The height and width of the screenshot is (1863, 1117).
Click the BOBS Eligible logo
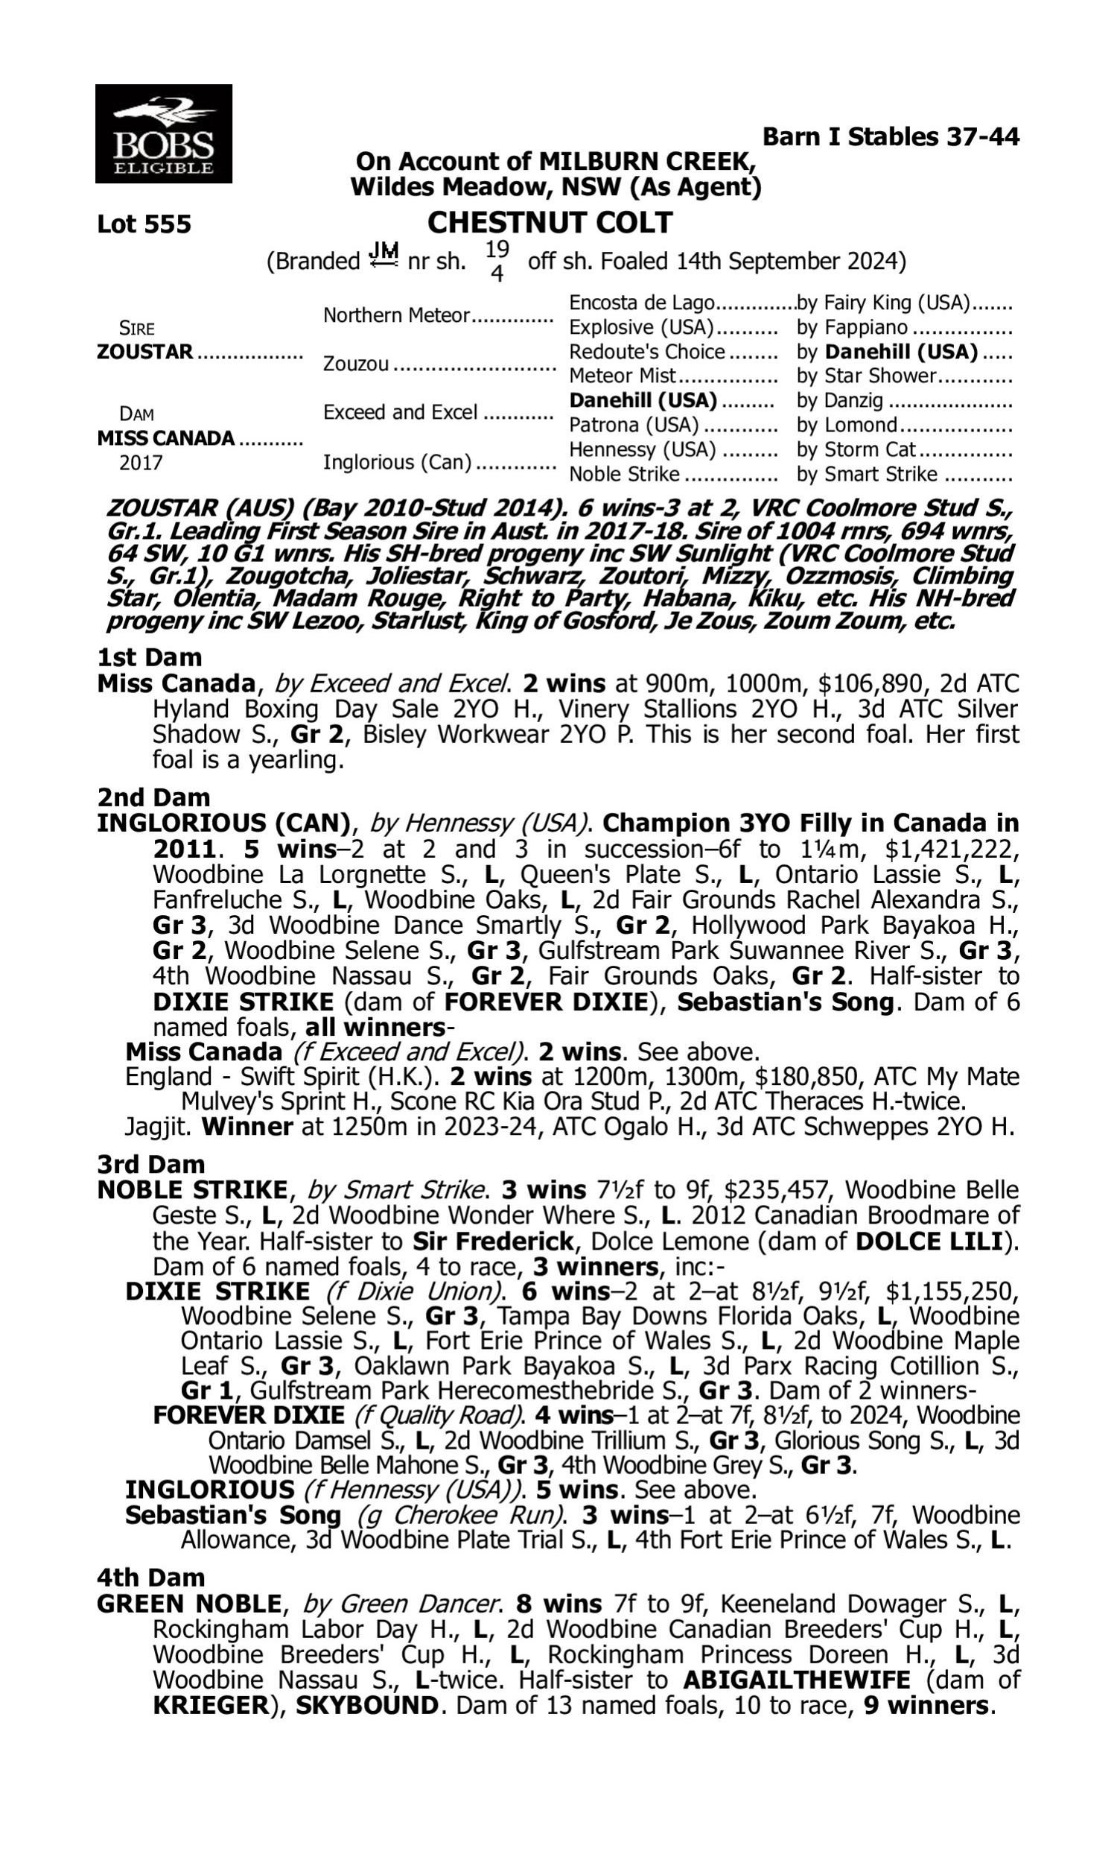click(163, 134)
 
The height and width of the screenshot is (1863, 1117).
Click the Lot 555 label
click(144, 224)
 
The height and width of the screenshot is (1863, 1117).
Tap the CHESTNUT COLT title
click(550, 223)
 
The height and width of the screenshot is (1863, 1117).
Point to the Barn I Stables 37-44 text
click(891, 137)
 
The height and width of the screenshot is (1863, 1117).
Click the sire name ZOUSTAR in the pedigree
click(145, 352)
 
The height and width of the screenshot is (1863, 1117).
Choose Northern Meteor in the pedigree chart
click(396, 315)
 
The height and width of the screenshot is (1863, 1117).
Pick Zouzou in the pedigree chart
click(356, 364)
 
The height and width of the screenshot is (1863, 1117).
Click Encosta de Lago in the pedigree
click(641, 303)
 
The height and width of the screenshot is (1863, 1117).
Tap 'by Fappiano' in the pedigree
click(852, 328)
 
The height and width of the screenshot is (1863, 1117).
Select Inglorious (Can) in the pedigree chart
click(397, 461)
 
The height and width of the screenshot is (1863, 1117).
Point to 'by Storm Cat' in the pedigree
click(856, 449)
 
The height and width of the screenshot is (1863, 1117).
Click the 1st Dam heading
click(149, 657)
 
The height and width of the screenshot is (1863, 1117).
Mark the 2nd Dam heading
click(153, 797)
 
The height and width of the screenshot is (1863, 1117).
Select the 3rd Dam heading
click(150, 1164)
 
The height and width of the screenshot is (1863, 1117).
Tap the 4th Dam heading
click(150, 1578)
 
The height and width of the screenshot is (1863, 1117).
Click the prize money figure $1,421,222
click(952, 850)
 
